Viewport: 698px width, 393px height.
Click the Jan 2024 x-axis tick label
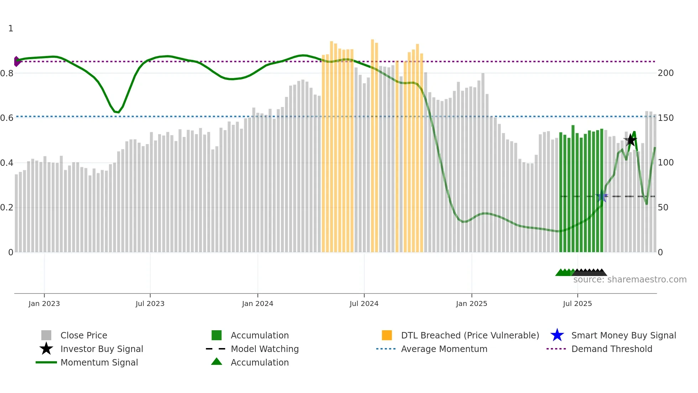coord(257,303)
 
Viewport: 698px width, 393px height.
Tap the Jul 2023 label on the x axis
coord(150,303)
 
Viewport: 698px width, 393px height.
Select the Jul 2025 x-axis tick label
coord(577,303)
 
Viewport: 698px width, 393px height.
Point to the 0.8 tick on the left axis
coord(7,73)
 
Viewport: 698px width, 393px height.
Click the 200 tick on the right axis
coord(666,73)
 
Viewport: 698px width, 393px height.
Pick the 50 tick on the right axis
coord(663,208)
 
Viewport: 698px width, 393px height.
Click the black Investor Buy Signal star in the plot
coord(630,140)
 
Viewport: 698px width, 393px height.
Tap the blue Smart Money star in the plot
coord(602,196)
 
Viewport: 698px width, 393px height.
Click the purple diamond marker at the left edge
coord(16,61)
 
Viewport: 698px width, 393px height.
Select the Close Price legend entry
coord(84,335)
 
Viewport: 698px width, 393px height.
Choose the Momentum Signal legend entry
coord(99,362)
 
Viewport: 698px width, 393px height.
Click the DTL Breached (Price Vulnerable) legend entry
coord(470,335)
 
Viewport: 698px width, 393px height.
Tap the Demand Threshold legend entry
coord(611,349)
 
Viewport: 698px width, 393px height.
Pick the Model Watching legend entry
coord(264,349)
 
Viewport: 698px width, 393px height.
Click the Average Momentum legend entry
coord(444,349)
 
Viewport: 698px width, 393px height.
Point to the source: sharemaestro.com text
coord(630,280)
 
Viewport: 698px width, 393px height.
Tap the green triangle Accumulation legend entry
coord(259,362)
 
